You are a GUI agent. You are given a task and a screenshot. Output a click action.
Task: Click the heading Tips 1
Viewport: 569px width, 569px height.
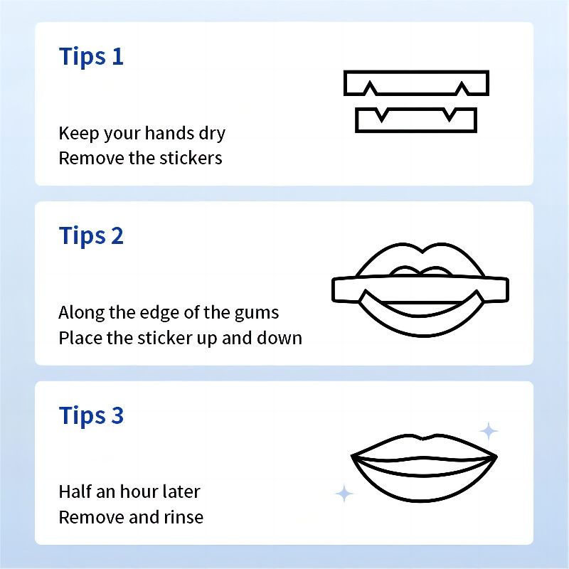coord(91,57)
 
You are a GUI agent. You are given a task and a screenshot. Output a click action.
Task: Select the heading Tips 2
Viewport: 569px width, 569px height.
coord(91,236)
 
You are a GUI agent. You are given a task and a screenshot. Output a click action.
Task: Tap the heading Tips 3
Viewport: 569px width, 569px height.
coord(91,415)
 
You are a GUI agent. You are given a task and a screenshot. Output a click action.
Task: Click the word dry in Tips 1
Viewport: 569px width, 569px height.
coord(212,134)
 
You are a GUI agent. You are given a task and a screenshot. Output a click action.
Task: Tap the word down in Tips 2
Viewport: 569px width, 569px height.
coord(280,338)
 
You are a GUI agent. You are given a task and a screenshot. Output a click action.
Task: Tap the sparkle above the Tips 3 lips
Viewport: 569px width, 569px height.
coord(489,431)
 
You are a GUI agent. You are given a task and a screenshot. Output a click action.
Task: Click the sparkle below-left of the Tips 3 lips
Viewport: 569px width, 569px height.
coord(344,494)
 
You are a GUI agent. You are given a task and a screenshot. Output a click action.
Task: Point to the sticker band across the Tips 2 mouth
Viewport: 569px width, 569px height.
coord(420,289)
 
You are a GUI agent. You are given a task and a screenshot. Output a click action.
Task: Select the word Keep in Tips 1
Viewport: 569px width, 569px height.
coord(79,134)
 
